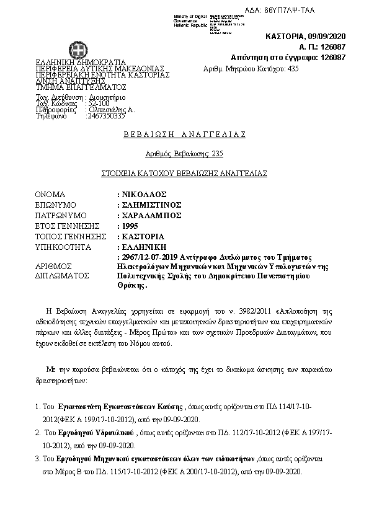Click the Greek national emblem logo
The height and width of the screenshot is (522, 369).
(x=82, y=49)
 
